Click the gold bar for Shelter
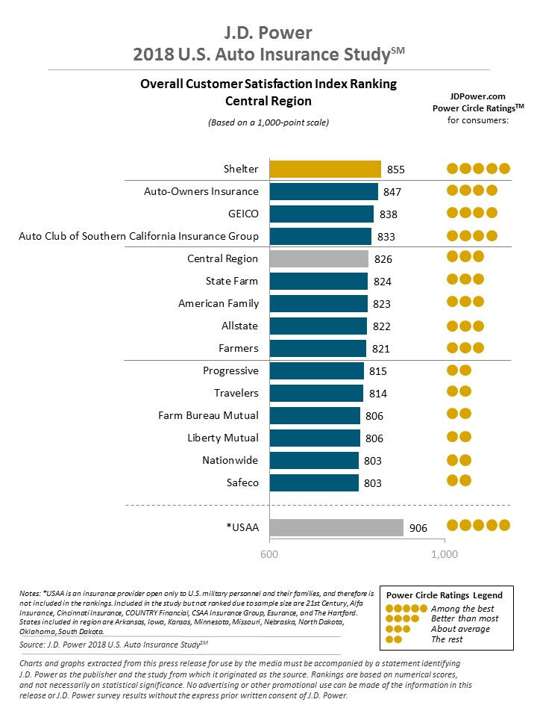[x=324, y=169]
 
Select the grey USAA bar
[x=336, y=528]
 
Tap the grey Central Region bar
[x=318, y=258]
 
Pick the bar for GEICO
[x=321, y=214]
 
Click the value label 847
[x=392, y=192]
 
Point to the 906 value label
[x=418, y=529]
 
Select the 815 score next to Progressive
[x=378, y=371]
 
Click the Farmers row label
[x=239, y=348]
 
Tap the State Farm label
[x=232, y=281]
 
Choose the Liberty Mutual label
[x=223, y=438]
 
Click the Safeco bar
[x=313, y=482]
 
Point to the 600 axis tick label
[x=268, y=555]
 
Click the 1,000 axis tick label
[x=445, y=555]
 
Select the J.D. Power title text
[x=268, y=33]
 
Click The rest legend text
[x=447, y=639]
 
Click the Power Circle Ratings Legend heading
[x=444, y=595]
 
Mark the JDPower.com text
[x=477, y=96]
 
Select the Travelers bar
[x=315, y=393]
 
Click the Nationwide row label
[x=230, y=460]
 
